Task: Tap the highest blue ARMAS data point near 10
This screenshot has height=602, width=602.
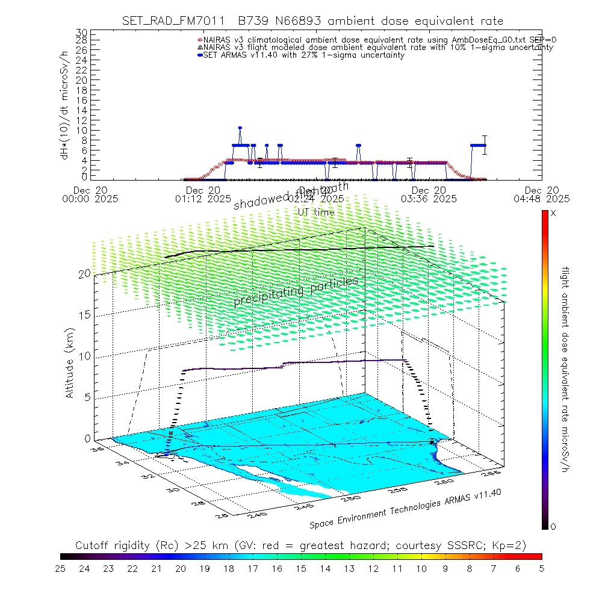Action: pos(240,128)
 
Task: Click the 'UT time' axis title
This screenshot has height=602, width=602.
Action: pos(316,213)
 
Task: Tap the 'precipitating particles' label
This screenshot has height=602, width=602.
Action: pos(296,291)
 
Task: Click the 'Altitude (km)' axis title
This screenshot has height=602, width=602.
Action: pos(70,362)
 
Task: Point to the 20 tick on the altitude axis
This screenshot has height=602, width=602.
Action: pos(84,273)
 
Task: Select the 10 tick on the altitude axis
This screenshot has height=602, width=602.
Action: pos(84,356)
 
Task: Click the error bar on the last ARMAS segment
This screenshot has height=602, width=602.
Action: pos(485,144)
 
